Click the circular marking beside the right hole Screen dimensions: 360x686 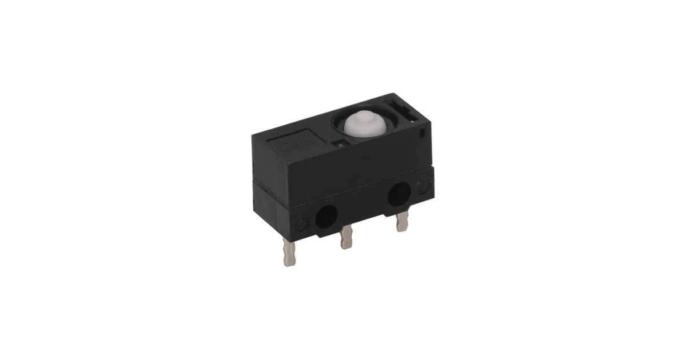pyautogui.click(x=424, y=186)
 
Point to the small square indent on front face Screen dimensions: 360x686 pyautogui.click(x=421, y=135)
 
